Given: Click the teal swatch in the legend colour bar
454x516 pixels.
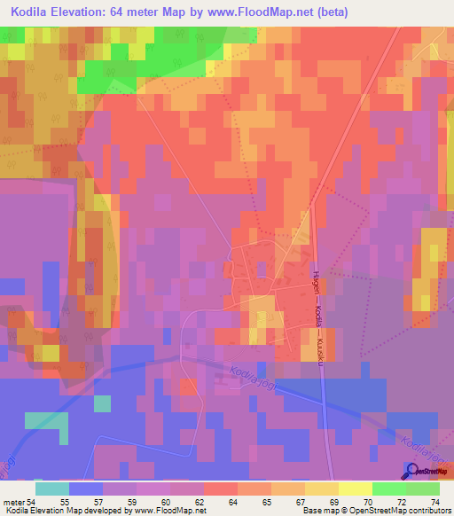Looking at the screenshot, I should click(51, 489).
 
